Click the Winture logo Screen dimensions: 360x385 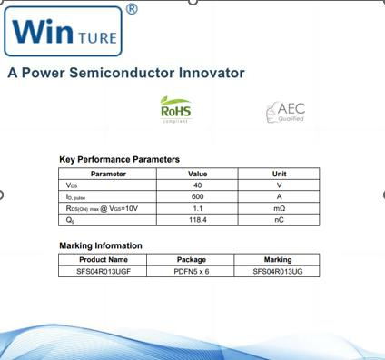[x=64, y=33]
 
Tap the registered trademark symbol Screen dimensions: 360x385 [x=132, y=9]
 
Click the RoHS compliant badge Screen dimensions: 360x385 [x=175, y=110]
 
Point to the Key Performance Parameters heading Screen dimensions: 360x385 [x=119, y=160]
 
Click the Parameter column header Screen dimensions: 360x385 [x=108, y=173]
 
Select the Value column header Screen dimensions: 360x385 [x=197, y=173]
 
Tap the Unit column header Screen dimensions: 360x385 [x=279, y=173]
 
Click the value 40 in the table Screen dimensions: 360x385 [x=197, y=185]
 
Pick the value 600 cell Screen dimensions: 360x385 [x=197, y=196]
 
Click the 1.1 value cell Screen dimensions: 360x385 [x=197, y=208]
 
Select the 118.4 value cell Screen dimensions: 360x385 [x=197, y=220]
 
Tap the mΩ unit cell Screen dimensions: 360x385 [x=279, y=208]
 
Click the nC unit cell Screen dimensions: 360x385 [x=279, y=220]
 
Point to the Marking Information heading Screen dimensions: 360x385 [x=101, y=245]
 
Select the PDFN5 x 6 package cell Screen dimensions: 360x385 [x=192, y=271]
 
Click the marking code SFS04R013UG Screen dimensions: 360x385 [x=278, y=271]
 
